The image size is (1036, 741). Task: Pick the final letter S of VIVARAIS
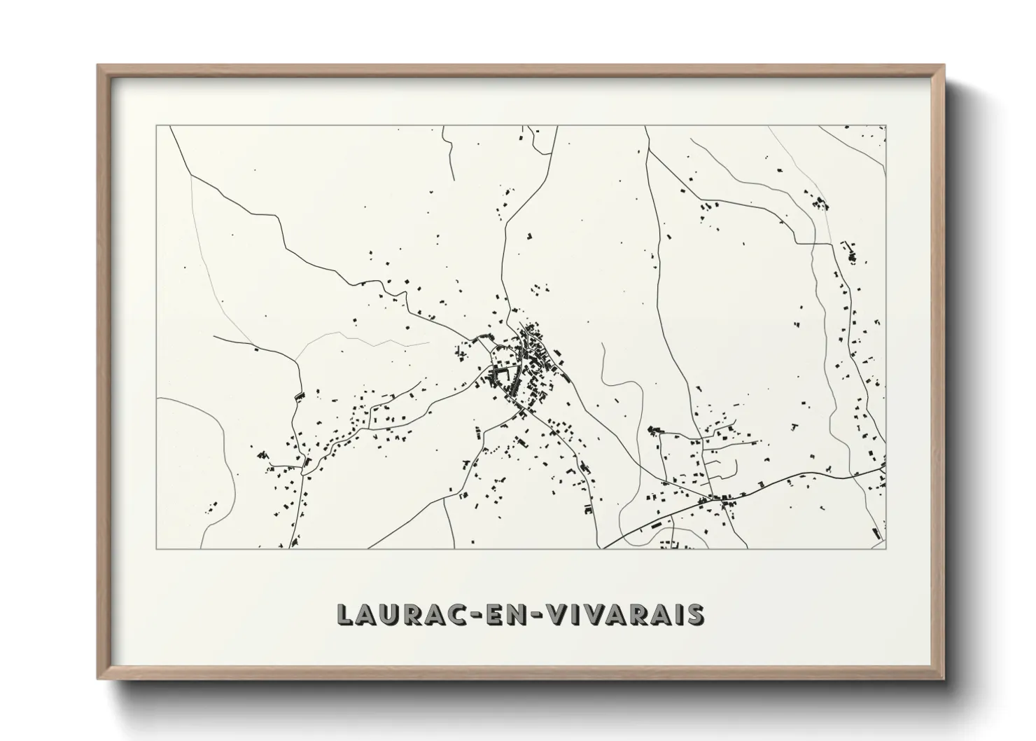[696, 614]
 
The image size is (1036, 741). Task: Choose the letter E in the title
[496, 614]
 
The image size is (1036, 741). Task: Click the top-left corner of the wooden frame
[99, 66]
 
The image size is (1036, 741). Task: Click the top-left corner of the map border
[157, 126]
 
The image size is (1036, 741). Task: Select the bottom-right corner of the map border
[885, 548]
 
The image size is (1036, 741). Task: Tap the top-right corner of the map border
[885, 126]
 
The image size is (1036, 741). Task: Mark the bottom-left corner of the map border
[157, 548]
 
